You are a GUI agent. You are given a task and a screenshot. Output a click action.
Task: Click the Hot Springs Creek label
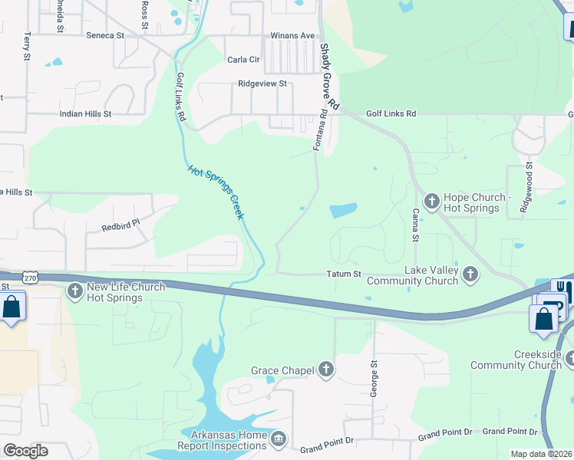coord(216,192)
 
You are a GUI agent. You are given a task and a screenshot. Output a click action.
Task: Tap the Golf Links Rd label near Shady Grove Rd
coord(391,113)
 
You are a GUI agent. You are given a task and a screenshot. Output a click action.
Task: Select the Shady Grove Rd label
coord(328,75)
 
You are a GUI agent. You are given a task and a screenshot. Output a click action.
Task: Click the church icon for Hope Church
coord(431,202)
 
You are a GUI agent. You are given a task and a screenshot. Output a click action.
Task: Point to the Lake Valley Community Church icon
coord(470,274)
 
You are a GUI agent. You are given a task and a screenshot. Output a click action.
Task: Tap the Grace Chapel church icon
coord(326,370)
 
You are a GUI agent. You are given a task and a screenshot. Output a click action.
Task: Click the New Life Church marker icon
coord(75,291)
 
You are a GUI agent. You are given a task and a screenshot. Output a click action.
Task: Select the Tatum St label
coord(343,274)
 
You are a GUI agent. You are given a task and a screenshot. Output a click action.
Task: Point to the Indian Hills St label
coord(86,113)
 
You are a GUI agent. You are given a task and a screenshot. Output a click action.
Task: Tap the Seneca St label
coord(105,35)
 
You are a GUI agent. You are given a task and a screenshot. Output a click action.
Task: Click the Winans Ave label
coord(292,35)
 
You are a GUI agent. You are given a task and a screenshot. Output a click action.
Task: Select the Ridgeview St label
coord(262,84)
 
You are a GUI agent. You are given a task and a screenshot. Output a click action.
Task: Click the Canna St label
coord(415,225)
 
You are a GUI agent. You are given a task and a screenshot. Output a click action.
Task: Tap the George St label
coord(374,377)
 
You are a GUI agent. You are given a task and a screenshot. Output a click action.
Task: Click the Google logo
coord(26,450)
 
